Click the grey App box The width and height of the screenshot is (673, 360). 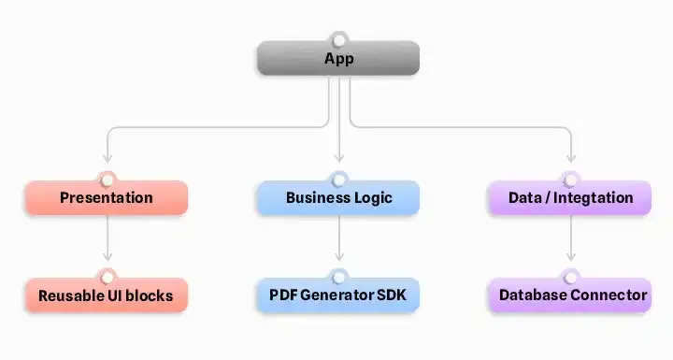pos(338,59)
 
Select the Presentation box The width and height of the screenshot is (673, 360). pos(106,198)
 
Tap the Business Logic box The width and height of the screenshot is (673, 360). pos(338,198)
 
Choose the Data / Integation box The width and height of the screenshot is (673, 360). pos(570,198)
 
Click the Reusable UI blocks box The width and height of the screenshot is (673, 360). pos(106,295)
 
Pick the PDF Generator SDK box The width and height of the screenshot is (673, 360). pos(338,295)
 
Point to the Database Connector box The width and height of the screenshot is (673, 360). pos(570,295)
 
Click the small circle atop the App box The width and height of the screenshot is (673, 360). pos(338,40)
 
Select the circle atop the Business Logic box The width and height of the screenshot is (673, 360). pos(338,180)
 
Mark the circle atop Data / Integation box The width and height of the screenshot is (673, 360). pos(570,180)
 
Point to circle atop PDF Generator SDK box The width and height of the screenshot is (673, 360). pos(338,277)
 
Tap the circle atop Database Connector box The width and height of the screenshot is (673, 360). pos(570,277)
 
